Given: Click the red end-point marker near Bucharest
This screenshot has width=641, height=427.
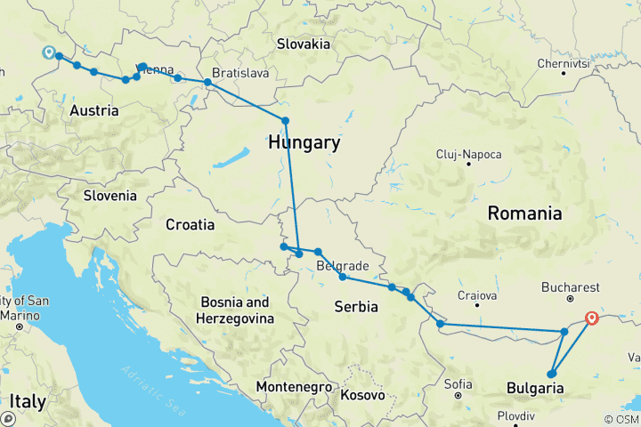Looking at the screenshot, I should coord(592,318).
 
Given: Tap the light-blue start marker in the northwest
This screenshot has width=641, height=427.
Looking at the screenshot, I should coord(48,52).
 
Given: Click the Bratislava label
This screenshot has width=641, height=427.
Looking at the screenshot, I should coord(240,73).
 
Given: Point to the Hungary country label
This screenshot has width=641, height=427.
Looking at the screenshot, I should coord(304,143).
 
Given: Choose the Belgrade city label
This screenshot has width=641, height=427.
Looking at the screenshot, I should coord(343,266).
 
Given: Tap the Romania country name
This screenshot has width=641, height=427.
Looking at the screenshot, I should coord(524,213).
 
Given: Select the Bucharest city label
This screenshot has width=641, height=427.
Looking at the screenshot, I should coord(570,288).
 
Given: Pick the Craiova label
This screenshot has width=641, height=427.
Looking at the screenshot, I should coord(476,294).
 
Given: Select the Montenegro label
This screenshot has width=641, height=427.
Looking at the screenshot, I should coord(293,388).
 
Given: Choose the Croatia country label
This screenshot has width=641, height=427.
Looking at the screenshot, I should coord(190,225).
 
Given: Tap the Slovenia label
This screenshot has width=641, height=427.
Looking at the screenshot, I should coord(110,196).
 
